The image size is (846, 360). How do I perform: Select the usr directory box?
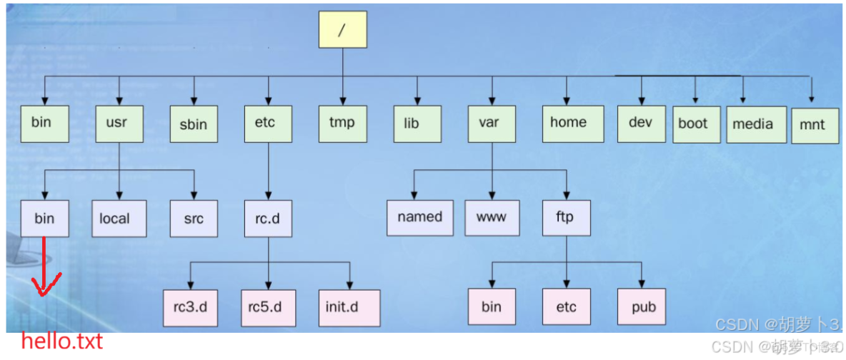pos(119,123)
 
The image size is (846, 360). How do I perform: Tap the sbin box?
pos(193,124)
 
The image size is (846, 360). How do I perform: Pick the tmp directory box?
pos(342,123)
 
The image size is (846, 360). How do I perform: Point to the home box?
pos(568,123)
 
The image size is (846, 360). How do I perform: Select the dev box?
pos(642,123)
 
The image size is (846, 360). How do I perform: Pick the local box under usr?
pos(119,218)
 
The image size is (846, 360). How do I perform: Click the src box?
pos(193,218)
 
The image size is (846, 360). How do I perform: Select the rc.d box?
pos(268,218)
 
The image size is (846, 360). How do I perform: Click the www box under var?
pos(492,217)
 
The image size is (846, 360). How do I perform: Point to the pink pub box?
pos(642,308)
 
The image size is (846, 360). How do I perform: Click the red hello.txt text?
pos(61,341)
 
